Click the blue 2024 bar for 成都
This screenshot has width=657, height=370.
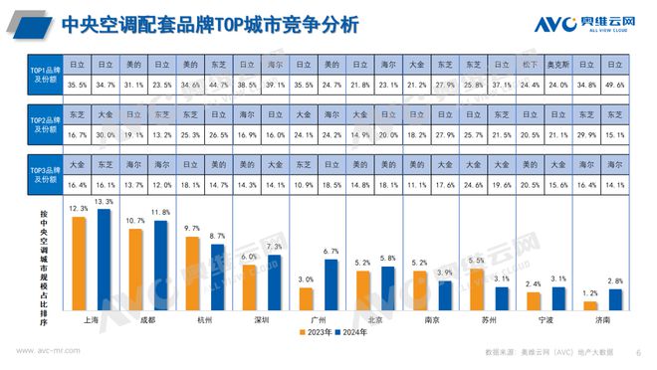(160, 266)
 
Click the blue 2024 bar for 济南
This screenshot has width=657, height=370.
(616, 299)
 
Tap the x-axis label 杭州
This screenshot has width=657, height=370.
(205, 321)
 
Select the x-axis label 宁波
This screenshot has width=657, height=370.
(546, 321)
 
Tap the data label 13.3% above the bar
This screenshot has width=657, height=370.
(105, 202)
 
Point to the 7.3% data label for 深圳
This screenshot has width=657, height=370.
(276, 246)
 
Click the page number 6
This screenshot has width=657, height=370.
(638, 351)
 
